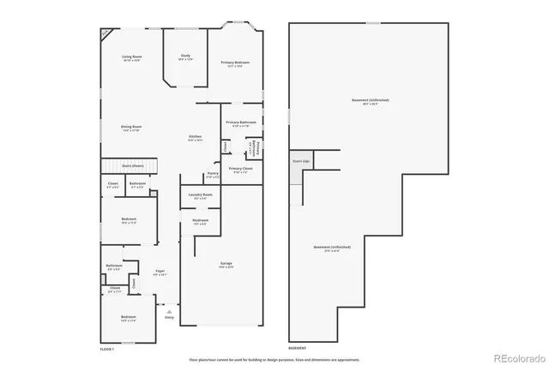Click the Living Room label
pos(131,57)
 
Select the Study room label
pos(185,57)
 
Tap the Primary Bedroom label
pos(236,62)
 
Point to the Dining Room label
pos(131,127)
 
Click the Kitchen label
pos(196,137)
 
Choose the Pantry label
pos(213,174)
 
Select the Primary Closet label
pos(241,169)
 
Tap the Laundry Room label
pos(202,195)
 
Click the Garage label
pos(226,263)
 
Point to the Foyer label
pos(160,272)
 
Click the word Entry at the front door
pos(169,317)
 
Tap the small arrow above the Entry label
pos(169,310)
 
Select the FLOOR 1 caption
pos(107,350)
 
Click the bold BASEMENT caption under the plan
pos(298,350)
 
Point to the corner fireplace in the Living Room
pos(106,33)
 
